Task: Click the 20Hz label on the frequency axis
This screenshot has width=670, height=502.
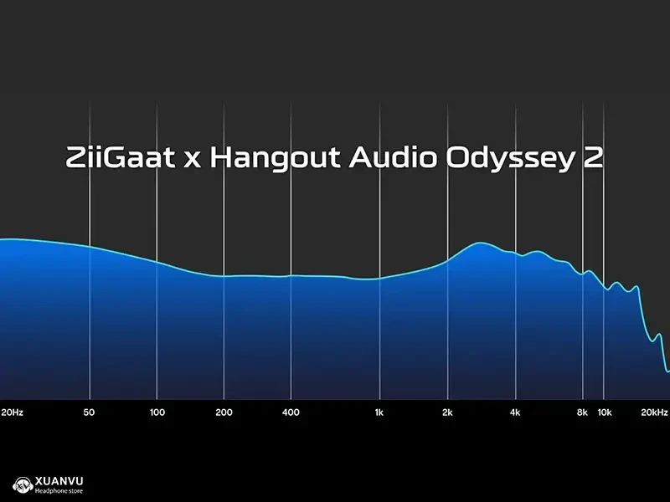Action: click(x=12, y=412)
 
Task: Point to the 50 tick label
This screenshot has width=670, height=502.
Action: click(x=89, y=412)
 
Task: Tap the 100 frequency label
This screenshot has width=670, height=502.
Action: click(x=157, y=412)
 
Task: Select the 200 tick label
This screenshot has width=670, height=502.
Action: click(x=224, y=412)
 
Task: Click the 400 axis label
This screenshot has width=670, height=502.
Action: click(x=291, y=412)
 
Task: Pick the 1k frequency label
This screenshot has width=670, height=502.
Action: click(x=379, y=412)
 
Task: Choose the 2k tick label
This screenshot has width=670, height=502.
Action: click(x=447, y=412)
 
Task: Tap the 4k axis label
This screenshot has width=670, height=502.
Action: click(x=515, y=412)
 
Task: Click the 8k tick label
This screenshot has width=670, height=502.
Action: click(x=582, y=412)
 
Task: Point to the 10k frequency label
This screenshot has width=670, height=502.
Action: click(x=605, y=412)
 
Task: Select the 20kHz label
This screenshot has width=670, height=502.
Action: click(x=654, y=412)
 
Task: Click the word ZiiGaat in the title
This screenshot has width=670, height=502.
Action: click(x=120, y=157)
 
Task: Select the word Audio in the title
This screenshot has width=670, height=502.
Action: click(x=393, y=157)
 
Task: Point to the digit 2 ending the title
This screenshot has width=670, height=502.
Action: click(x=593, y=157)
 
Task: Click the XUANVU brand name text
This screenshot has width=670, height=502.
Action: click(x=59, y=480)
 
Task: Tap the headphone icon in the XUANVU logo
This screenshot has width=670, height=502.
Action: click(x=23, y=485)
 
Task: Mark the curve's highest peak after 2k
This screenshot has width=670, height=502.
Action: click(x=481, y=243)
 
